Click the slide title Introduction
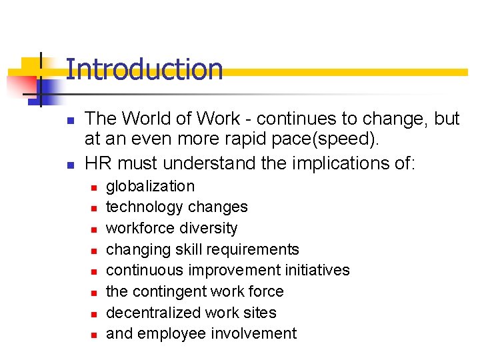144,69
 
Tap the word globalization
150,186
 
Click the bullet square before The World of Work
69,121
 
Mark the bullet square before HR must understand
69,164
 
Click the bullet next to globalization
94,187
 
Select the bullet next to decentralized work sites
94,314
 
